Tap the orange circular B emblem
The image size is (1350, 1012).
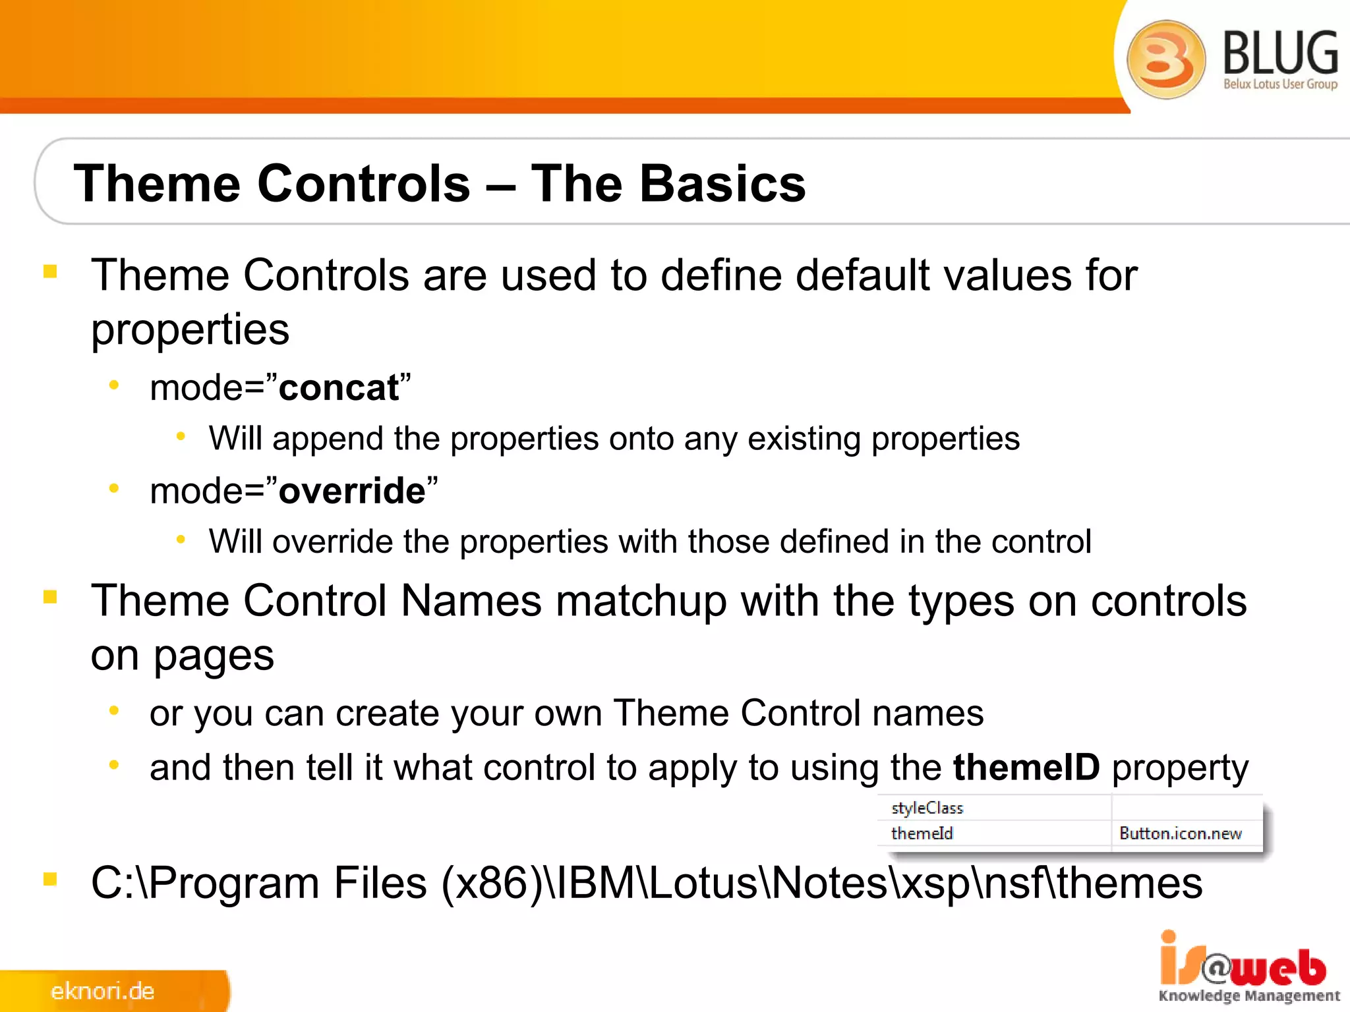click(x=1165, y=59)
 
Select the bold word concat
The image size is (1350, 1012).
click(x=339, y=388)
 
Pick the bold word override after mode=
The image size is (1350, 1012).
click(x=352, y=492)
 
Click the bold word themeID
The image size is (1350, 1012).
click(x=1026, y=768)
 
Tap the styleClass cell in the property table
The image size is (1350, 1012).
click(x=927, y=808)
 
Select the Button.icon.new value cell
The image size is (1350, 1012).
click(x=1180, y=833)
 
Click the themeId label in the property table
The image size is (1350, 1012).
click(x=922, y=833)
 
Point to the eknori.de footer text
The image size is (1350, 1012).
click(x=102, y=991)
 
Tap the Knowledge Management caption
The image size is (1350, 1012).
click(x=1249, y=996)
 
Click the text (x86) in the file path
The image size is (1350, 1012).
click(x=492, y=884)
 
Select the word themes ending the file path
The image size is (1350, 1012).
click(x=1129, y=884)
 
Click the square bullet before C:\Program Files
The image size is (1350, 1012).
click(x=50, y=879)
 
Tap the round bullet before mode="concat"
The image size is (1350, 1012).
click(x=114, y=385)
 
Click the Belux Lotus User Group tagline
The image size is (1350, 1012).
click(x=1280, y=84)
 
